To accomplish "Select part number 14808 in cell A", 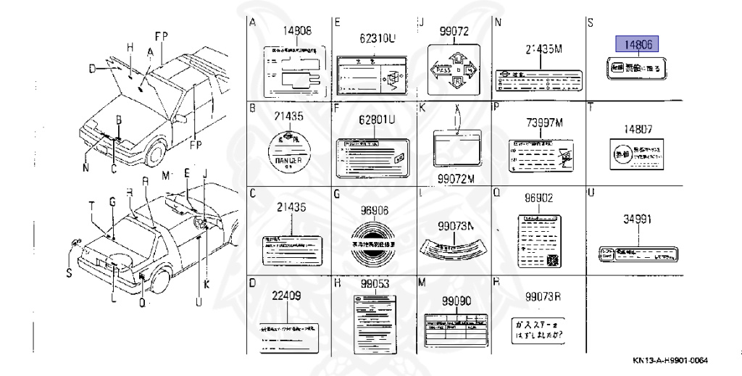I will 297,31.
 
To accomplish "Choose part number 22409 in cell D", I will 286,296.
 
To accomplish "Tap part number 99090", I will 457,299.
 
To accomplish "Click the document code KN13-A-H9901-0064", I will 670,361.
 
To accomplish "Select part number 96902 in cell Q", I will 539,197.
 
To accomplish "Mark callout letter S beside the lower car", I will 69,273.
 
